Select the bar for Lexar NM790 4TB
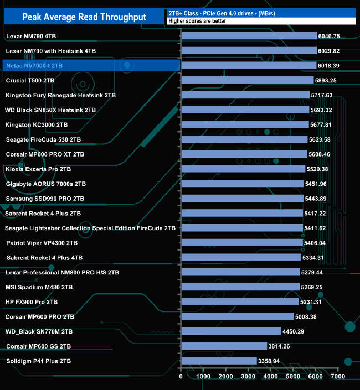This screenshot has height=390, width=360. [x=249, y=36]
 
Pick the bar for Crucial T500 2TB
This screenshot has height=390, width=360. [x=247, y=80]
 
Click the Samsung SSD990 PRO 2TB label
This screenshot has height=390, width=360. [x=44, y=198]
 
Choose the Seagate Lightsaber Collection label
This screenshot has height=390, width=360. [x=90, y=228]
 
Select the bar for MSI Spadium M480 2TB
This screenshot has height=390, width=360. [x=240, y=287]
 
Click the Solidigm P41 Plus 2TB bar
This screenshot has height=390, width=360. [x=219, y=361]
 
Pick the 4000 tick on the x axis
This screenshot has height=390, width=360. [x=271, y=377]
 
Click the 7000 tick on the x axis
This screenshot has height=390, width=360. [x=338, y=377]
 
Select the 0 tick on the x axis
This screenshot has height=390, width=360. [x=181, y=377]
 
